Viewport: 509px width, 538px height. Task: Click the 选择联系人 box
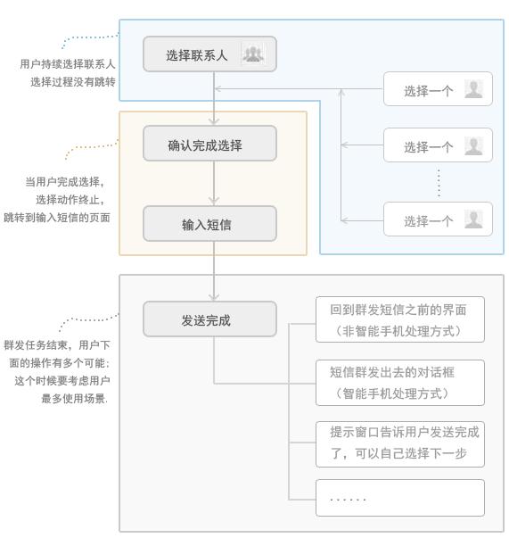click(x=209, y=54)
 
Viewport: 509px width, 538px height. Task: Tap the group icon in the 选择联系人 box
click(x=253, y=54)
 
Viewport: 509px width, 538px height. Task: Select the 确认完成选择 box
click(x=209, y=144)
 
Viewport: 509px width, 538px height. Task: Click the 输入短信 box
click(x=209, y=224)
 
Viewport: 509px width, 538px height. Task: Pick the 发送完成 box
click(x=209, y=319)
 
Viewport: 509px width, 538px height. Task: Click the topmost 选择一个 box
click(x=438, y=89)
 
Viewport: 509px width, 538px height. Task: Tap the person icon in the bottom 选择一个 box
click(x=473, y=219)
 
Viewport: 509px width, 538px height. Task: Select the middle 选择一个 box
click(x=438, y=145)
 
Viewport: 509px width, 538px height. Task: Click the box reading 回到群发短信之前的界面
click(x=400, y=319)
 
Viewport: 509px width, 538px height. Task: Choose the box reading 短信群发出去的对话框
click(x=400, y=383)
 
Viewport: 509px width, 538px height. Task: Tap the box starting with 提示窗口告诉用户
click(x=400, y=444)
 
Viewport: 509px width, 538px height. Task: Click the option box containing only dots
click(x=400, y=498)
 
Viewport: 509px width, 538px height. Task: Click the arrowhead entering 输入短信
click(x=214, y=202)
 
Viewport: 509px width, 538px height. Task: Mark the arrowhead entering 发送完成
click(x=214, y=297)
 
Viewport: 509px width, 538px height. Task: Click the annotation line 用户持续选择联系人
click(x=68, y=64)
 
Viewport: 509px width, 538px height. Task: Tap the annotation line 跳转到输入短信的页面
click(x=57, y=218)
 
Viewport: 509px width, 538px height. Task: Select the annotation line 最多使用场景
click(x=74, y=399)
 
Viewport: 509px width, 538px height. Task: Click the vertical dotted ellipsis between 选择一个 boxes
click(x=439, y=183)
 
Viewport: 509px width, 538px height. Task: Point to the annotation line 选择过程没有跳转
click(x=73, y=82)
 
